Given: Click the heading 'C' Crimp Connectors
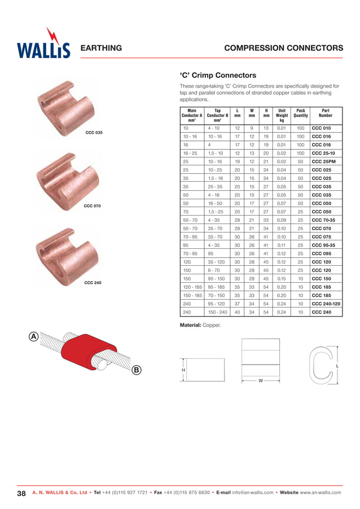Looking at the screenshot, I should click(x=218, y=75).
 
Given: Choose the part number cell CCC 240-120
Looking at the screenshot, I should click(x=326, y=303).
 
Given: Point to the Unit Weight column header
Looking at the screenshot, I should click(x=282, y=116).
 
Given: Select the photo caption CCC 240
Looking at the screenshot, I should click(x=93, y=282).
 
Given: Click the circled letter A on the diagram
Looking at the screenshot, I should click(x=34, y=337).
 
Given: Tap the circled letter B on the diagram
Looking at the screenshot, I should click(x=136, y=370).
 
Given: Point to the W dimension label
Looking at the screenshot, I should click(x=261, y=381).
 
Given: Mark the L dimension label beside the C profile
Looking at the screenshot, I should click(x=337, y=366).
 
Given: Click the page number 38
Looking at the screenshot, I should click(x=21, y=494).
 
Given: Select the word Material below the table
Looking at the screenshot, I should click(x=191, y=326).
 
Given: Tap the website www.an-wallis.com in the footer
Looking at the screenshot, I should click(x=321, y=493).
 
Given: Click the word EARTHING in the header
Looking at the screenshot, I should click(x=102, y=49).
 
